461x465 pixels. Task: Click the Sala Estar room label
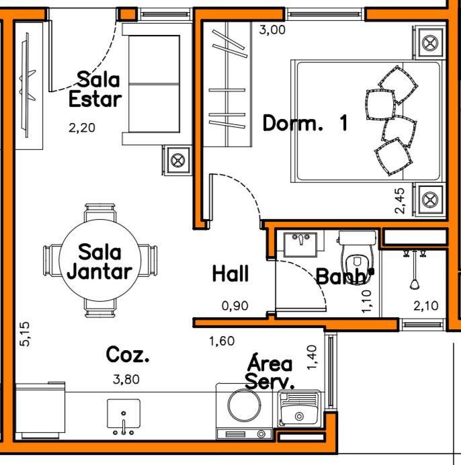tap(95, 89)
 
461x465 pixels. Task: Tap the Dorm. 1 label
tap(305, 123)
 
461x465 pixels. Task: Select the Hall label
tap(230, 273)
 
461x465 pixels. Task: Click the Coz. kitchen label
tap(128, 354)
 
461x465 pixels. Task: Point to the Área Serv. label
tap(270, 372)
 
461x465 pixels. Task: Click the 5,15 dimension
tap(25, 334)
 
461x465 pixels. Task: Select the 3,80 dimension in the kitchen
tap(126, 379)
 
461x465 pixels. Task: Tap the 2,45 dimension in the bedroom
tap(399, 201)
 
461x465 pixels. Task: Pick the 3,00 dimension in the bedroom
tap(272, 30)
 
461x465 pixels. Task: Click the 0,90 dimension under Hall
tap(235, 306)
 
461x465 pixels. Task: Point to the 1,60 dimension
tap(222, 341)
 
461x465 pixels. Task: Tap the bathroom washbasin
tap(300, 245)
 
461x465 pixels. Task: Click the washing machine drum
tap(244, 405)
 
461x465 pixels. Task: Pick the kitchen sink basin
tap(124, 414)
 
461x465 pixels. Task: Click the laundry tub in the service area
tap(299, 409)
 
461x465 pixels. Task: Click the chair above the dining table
tap(99, 212)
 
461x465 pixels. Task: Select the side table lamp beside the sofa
tap(177, 161)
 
